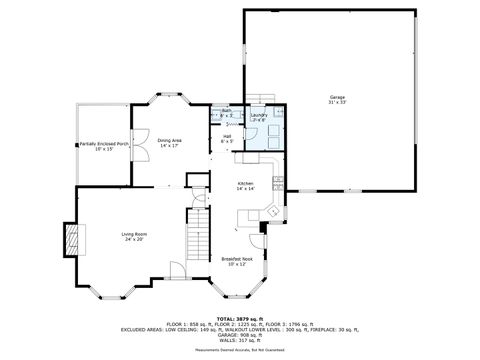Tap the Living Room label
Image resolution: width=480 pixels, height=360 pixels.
pos(135,234)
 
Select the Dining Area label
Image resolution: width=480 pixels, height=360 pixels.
pos(169,140)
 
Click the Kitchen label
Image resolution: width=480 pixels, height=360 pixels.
pos(245,183)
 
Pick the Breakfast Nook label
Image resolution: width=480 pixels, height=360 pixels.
pos(237,259)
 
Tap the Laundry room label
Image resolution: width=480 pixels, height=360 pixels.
pos(258,115)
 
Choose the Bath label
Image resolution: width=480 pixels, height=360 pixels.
pos(226,111)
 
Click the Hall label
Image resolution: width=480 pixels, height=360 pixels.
pos(227,136)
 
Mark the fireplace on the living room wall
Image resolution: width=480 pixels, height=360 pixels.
pos(69,236)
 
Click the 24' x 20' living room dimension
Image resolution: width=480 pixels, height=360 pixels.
pos(135,239)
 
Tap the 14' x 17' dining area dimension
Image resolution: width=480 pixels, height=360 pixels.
pos(169,146)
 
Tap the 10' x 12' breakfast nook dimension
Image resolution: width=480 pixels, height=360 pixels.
pos(237,264)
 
